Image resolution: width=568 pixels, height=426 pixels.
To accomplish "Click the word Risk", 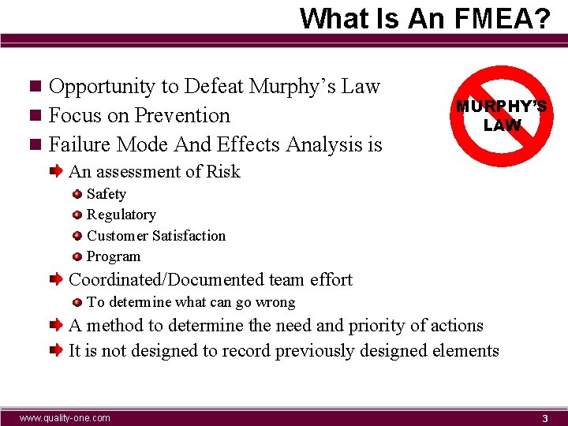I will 223,171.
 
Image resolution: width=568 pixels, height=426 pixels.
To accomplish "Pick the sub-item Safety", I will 106,193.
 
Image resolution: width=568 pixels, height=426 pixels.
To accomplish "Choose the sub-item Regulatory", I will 121,215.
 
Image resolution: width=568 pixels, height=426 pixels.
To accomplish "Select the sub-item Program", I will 114,256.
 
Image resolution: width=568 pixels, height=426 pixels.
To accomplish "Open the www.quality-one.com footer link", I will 65,417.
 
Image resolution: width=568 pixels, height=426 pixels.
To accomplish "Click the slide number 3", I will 544,418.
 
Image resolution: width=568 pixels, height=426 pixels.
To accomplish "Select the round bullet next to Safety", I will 77,194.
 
